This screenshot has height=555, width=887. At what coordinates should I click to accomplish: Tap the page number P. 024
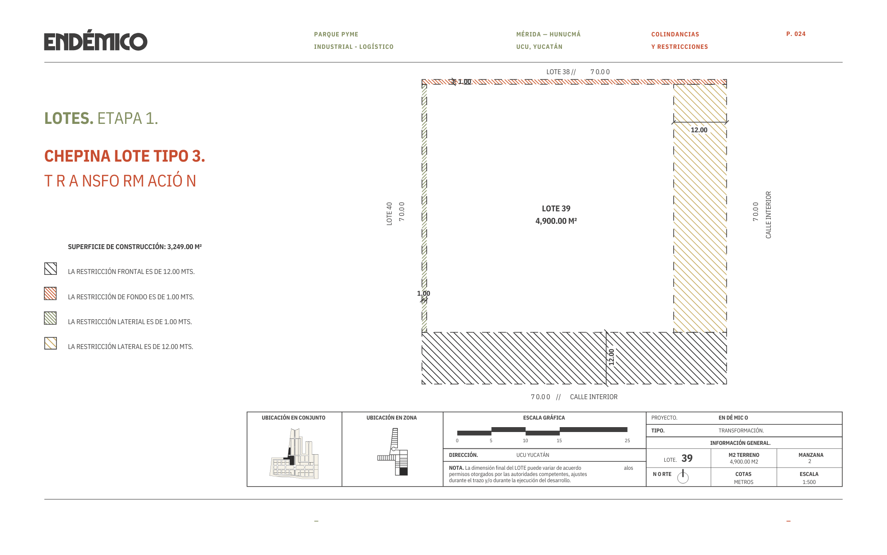[796, 34]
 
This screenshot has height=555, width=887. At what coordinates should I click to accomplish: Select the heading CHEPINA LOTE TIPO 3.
[125, 156]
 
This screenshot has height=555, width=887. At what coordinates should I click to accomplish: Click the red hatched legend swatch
[51, 293]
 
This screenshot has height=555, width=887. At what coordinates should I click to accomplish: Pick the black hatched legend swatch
[51, 269]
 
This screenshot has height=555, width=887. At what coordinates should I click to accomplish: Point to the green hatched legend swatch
[51, 318]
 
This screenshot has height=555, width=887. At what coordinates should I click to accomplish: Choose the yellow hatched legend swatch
[51, 343]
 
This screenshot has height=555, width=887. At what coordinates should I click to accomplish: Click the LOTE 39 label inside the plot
[556, 209]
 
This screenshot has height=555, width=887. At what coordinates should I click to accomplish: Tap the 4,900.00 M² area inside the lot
[556, 221]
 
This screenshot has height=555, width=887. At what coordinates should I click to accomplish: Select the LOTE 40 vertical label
[389, 214]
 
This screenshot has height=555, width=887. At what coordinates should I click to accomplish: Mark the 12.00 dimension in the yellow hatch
[699, 130]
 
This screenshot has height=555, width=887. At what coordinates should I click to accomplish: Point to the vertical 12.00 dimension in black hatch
[612, 357]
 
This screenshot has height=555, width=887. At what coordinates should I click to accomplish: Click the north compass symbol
[683, 477]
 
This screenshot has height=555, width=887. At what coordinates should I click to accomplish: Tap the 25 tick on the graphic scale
[627, 440]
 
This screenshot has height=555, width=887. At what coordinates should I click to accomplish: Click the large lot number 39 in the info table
[687, 458]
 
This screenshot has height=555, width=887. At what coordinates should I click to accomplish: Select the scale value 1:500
[809, 482]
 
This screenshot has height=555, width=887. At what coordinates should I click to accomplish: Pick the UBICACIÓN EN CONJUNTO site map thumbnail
[294, 453]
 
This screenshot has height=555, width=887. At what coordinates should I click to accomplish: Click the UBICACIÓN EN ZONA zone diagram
[393, 452]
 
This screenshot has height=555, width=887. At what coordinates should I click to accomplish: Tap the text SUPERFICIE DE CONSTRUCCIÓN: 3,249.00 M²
[135, 247]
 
